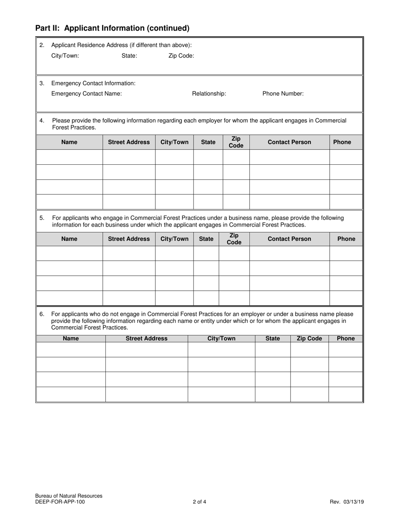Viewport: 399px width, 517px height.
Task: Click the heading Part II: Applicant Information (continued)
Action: coord(112,28)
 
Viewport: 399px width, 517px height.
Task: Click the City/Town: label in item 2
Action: coord(65,55)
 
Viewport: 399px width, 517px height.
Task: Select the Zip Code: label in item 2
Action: coord(181,55)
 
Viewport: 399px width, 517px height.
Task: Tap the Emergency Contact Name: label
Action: coord(87,94)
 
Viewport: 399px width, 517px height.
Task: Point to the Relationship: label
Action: coord(209,94)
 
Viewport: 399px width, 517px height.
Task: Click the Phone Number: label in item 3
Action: coord(283,94)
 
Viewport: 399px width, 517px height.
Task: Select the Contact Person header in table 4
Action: coord(289,142)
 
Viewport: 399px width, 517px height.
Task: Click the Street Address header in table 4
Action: coord(129,142)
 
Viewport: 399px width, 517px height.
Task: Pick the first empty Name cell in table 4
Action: coord(69,157)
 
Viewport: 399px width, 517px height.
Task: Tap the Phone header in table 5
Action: coord(346,239)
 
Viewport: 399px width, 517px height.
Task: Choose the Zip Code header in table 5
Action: coord(234,239)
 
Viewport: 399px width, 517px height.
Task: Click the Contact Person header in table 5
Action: coord(289,239)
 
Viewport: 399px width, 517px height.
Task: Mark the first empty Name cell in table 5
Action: coord(69,253)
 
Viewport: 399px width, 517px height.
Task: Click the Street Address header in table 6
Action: coord(147,338)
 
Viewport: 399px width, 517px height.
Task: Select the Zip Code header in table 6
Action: coord(309,338)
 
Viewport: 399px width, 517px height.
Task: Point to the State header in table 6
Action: coord(273,338)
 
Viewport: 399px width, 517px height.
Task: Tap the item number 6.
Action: coord(42,314)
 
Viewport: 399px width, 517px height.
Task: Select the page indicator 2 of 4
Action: coord(199,501)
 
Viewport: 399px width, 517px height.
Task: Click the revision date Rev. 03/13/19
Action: coord(346,501)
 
